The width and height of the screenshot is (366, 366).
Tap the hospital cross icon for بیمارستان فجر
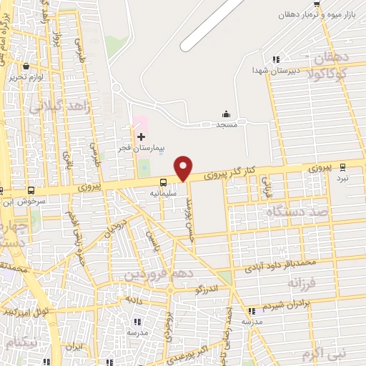[140, 136]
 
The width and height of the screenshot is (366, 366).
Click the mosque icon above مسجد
[227, 114]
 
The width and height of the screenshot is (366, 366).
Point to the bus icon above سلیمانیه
[163, 182]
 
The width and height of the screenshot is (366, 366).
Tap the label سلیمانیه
[164, 193]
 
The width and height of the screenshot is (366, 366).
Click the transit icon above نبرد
[343, 167]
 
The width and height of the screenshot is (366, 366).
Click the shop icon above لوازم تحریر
[26, 66]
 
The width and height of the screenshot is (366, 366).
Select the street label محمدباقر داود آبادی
[280, 266]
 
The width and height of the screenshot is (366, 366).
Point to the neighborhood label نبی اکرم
[323, 353]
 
